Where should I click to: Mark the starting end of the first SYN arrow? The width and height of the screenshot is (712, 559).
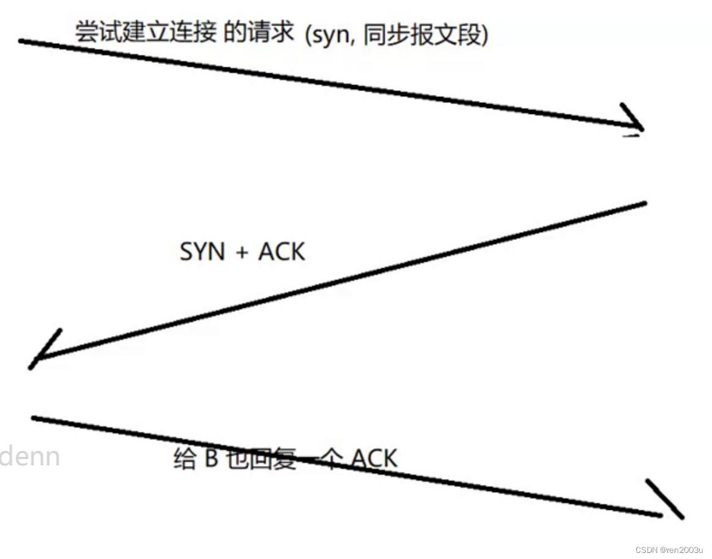pyautogui.click(x=21, y=41)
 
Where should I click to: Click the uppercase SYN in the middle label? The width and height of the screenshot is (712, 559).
pyautogui.click(x=202, y=252)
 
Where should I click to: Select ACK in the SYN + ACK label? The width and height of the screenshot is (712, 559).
pyautogui.click(x=281, y=252)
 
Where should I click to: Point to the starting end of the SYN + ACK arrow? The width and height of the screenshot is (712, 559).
pyautogui.click(x=645, y=202)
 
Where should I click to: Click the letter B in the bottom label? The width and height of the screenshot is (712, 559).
pyautogui.click(x=211, y=458)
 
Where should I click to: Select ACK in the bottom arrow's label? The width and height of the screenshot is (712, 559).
pyautogui.click(x=374, y=458)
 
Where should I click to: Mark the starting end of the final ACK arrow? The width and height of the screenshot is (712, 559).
pyautogui.click(x=34, y=418)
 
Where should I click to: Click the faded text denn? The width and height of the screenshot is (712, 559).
pyautogui.click(x=29, y=456)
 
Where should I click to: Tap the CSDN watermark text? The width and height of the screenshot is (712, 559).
pyautogui.click(x=646, y=550)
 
